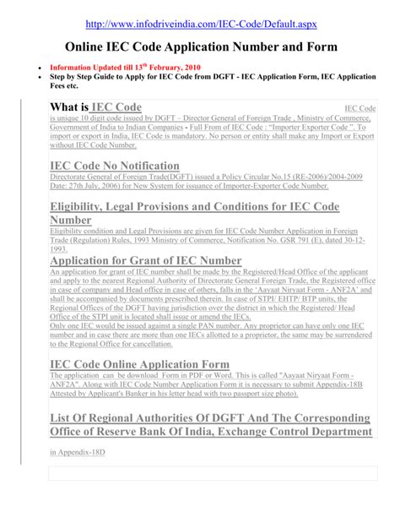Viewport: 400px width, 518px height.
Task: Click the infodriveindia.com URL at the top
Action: pos(200,19)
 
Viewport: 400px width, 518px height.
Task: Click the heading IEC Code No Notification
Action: pos(127,166)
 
